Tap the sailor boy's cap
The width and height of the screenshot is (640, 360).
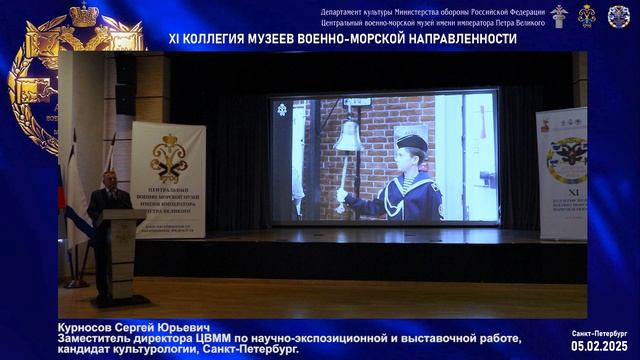(410, 138)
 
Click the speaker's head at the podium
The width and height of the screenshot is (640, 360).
(109, 180)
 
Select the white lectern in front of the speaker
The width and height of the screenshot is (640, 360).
(122, 250)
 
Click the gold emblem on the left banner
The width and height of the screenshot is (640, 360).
(168, 155)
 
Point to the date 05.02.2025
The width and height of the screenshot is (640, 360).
(599, 345)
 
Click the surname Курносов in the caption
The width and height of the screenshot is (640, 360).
(93, 328)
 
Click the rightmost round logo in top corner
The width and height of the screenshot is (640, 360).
(619, 16)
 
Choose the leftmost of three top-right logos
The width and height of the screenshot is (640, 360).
(558, 16)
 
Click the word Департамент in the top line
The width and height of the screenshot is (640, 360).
(346, 11)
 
